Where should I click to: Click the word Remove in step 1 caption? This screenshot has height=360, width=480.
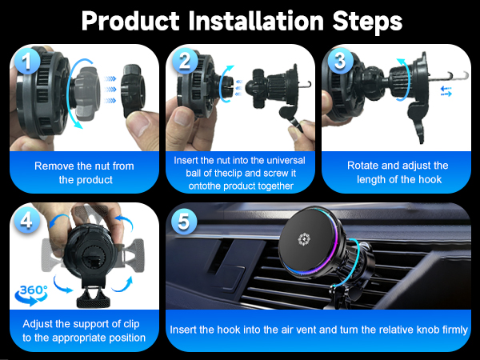54,166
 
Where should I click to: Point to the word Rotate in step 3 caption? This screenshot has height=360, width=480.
364,166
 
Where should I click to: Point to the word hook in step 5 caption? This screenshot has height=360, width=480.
241,330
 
